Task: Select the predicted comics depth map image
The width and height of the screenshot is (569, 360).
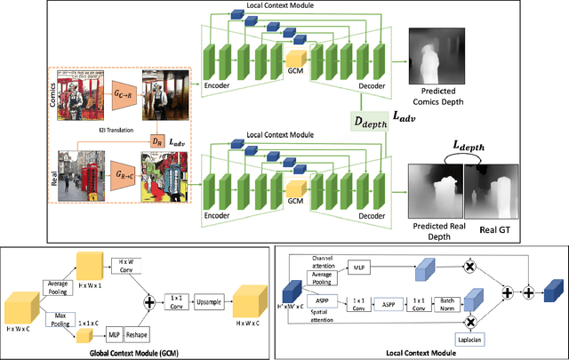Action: pyautogui.click(x=429, y=52)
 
